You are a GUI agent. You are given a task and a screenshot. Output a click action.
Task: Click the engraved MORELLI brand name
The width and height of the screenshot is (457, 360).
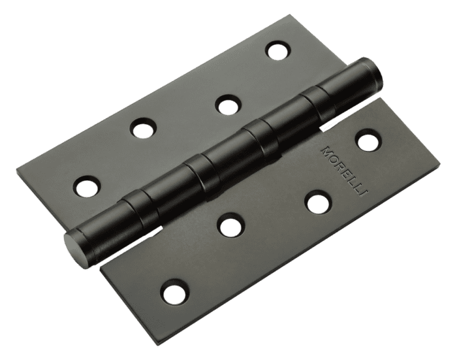click(x=344, y=171)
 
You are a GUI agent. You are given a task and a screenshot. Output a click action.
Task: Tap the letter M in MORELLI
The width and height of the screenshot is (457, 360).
click(x=326, y=150)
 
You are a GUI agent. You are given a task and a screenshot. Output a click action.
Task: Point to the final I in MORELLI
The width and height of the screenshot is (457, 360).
click(x=364, y=193)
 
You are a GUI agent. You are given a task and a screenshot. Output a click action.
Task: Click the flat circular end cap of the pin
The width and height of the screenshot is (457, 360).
click(x=71, y=245)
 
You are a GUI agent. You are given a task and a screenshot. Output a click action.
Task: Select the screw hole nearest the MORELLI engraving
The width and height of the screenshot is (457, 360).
click(x=368, y=141)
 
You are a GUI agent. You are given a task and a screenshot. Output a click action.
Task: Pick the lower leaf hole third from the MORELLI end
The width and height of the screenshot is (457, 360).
click(x=231, y=224)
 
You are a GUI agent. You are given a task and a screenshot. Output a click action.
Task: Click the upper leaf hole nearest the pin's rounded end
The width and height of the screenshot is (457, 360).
click(x=278, y=50)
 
